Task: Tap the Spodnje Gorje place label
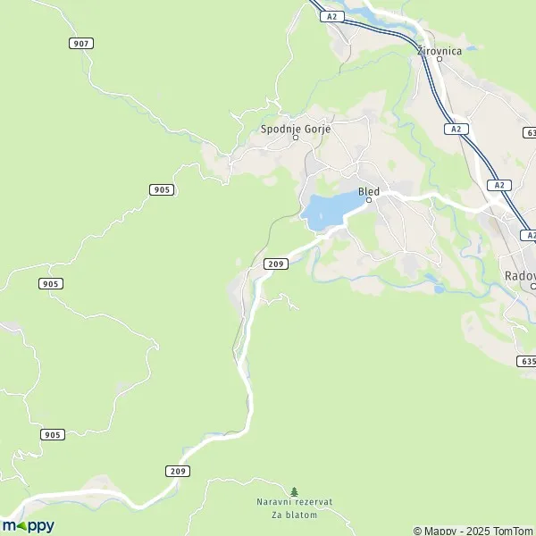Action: point(296,129)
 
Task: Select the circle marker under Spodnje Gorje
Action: point(296,138)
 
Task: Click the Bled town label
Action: point(368,191)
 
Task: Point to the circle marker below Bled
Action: point(369,200)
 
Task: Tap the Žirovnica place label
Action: point(440,51)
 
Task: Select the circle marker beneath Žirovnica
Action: point(440,60)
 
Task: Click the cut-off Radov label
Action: point(519,276)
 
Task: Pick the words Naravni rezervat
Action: point(294,502)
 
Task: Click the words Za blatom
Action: point(294,515)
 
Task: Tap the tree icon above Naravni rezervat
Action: point(294,491)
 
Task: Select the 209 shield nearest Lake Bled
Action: point(275,264)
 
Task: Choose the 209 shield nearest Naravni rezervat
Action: point(177,471)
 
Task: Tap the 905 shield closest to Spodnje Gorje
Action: point(162,189)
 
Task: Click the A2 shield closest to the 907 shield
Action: point(332,16)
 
